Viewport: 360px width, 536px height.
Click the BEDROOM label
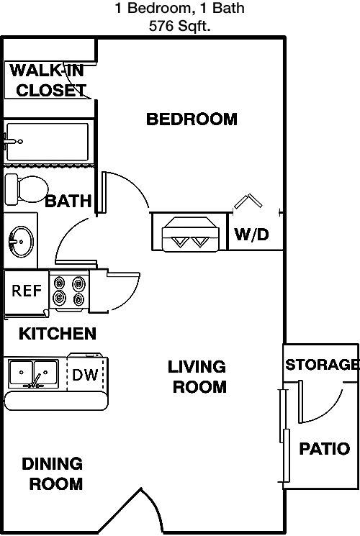click(192, 119)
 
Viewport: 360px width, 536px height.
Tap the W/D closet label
click(251, 235)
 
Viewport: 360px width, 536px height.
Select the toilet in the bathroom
click(27, 189)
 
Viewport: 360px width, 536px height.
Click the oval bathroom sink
click(21, 241)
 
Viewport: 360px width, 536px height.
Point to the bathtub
click(48, 142)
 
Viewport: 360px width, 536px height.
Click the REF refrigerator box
click(27, 291)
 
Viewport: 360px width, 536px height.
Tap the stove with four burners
click(69, 291)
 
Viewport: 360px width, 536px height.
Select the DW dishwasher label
click(85, 375)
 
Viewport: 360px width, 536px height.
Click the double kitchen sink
click(33, 373)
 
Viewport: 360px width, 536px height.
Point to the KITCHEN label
click(58, 334)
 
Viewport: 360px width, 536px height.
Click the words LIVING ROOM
click(197, 377)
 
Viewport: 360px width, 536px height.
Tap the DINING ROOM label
click(53, 474)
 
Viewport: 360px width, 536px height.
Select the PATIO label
click(325, 448)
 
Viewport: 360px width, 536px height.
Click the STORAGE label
click(322, 365)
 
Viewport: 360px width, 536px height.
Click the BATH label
click(68, 201)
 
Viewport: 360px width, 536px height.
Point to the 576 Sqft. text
click(180, 26)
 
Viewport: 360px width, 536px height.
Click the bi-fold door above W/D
click(248, 201)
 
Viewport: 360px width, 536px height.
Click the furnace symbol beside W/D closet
click(190, 234)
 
